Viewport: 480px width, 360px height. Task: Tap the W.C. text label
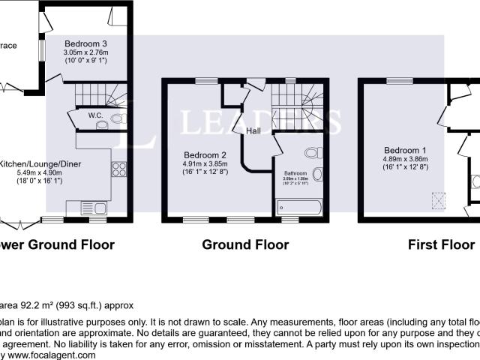tap(94, 115)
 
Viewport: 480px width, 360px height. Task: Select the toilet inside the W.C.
tap(116, 118)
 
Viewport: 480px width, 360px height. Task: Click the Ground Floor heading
tap(245, 244)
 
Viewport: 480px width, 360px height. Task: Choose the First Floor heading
tap(441, 244)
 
